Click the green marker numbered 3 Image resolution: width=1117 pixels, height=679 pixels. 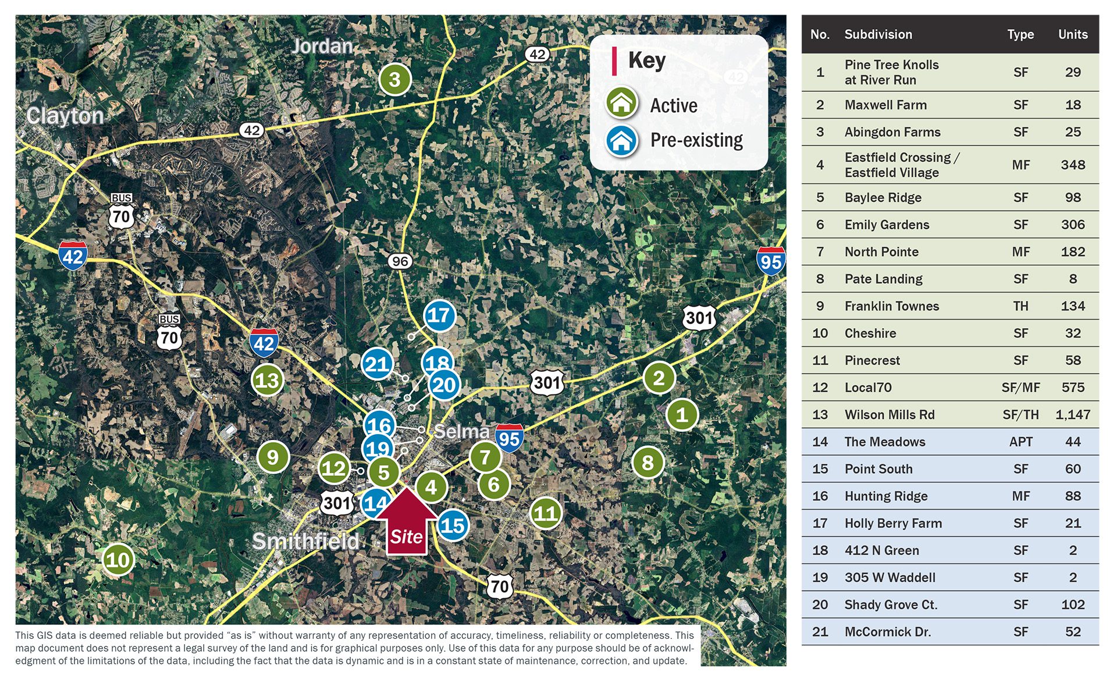tap(395, 79)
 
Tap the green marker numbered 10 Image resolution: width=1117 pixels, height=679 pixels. tap(118, 560)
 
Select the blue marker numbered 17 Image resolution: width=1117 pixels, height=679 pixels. tap(439, 315)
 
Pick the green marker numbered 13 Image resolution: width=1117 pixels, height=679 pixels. tap(267, 380)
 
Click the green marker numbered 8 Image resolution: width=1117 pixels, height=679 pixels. tap(648, 463)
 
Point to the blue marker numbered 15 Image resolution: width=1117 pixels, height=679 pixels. tap(453, 525)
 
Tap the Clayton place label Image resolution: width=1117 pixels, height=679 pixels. tap(65, 116)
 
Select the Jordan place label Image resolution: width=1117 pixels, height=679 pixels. tap(322, 46)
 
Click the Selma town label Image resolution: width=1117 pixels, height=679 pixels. tap(461, 431)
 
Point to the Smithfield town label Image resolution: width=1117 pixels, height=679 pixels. tap(305, 541)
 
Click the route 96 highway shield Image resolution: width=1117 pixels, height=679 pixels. tap(400, 261)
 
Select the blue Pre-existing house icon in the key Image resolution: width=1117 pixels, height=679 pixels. tap(621, 140)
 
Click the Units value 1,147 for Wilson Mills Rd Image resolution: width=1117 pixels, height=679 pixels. tap(1072, 415)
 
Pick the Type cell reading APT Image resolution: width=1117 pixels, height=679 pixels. tap(1020, 442)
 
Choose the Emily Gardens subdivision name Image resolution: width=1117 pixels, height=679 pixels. tap(887, 225)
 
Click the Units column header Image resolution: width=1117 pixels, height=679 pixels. tap(1072, 34)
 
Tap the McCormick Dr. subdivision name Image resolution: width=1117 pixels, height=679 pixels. tap(887, 632)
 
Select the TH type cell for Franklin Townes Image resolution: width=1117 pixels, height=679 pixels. tap(1020, 306)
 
